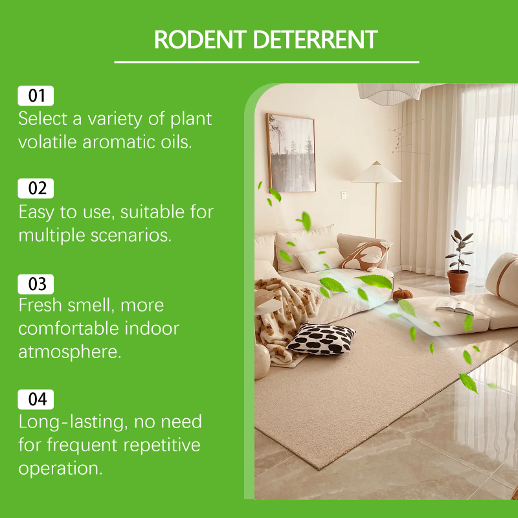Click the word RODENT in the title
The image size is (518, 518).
coord(200,39)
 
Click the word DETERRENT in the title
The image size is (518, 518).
coord(315,39)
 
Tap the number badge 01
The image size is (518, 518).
coord(36,96)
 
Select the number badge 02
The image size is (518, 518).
coord(36,188)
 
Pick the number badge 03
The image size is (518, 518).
coord(36,284)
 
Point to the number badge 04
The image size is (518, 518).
coord(36,400)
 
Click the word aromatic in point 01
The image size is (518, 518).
coord(119,142)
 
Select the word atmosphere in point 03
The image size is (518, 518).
coord(70,352)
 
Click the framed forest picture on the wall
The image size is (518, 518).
coord(291,153)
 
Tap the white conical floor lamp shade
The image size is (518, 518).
coord(377,172)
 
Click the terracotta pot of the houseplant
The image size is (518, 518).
coord(458,281)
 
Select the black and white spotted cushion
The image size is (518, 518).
coord(321,339)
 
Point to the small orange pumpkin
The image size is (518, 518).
coord(402,295)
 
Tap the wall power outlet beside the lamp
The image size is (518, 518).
coord(344,196)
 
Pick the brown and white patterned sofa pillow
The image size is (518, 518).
coord(365,256)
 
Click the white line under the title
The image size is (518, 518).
coord(267,62)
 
